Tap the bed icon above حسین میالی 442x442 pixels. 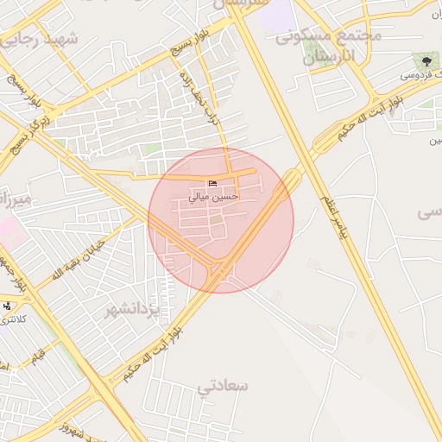point(212,182)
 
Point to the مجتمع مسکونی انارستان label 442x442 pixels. point(327,48)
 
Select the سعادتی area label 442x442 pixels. point(223,386)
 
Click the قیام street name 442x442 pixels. point(39,354)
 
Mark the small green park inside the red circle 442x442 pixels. point(216,229)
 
